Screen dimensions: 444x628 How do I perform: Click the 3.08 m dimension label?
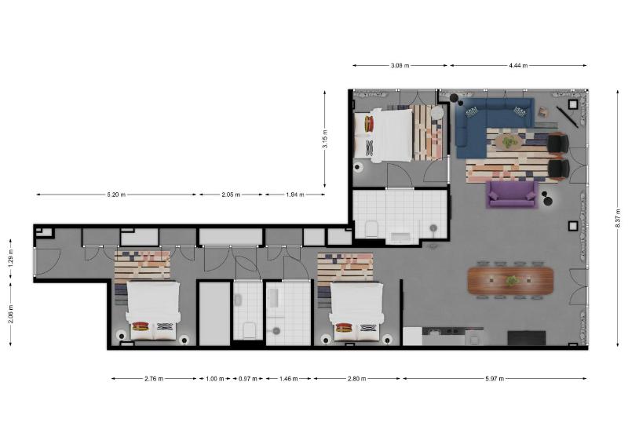pos(400,66)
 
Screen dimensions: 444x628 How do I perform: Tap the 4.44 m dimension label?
pos(517,66)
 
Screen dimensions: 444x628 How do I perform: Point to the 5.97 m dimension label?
pos(495,379)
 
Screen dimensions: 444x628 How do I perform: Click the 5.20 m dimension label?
pos(115,195)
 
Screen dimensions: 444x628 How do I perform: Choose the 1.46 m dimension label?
pos(288,379)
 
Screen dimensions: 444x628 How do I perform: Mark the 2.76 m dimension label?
pos(154,379)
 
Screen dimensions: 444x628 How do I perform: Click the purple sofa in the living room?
pos(512,194)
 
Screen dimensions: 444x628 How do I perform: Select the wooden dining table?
pos(510,280)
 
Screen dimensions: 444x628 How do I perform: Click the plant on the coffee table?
pos(510,141)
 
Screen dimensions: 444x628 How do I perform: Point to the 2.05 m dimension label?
pos(231,195)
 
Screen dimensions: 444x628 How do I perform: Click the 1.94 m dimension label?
pos(294,195)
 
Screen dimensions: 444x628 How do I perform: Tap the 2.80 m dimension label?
pos(357,379)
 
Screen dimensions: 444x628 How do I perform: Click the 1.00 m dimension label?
pos(212,379)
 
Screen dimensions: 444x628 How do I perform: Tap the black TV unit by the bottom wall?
pos(526,338)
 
